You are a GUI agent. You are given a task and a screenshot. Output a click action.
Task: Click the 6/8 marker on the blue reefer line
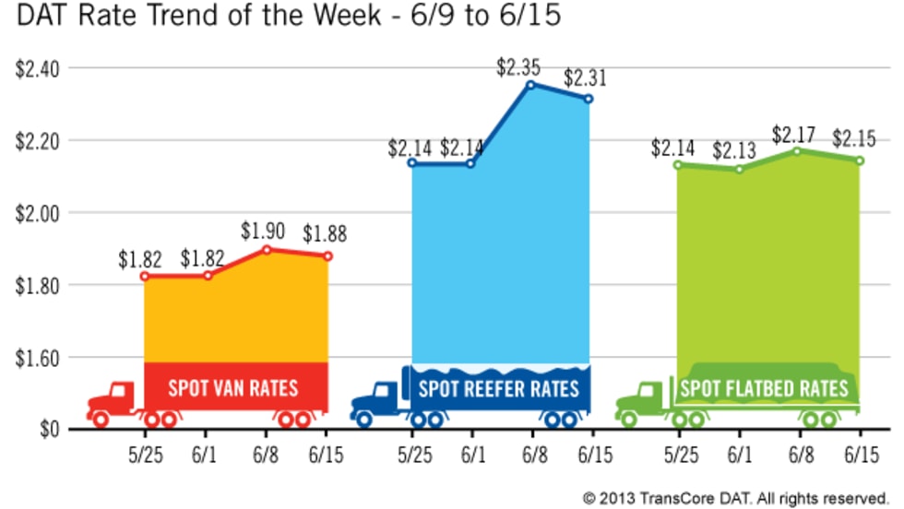tap(530, 85)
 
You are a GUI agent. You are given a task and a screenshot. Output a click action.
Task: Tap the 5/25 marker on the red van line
tap(144, 276)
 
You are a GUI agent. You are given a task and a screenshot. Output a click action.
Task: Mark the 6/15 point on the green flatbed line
tap(860, 160)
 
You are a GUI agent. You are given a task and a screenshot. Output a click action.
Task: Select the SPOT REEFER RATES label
tap(499, 387)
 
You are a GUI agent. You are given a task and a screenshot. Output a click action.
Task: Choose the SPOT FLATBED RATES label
tap(764, 388)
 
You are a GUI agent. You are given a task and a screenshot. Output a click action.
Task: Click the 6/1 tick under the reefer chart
tap(472, 456)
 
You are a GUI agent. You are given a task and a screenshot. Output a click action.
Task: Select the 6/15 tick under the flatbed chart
tap(861, 456)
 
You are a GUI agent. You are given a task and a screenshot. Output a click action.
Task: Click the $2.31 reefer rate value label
tap(583, 79)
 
